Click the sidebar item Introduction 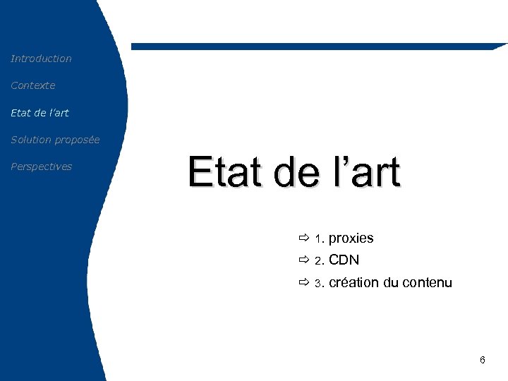click(41, 59)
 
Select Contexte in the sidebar click(32, 85)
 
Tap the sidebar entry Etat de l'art click(40, 112)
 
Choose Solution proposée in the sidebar click(55, 140)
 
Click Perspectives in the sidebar click(41, 167)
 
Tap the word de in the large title click(296, 173)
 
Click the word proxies click(351, 238)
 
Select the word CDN click(344, 260)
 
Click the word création click(354, 283)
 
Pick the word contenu click(427, 283)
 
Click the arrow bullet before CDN click(303, 260)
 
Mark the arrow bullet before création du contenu click(303, 283)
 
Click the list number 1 click(318, 239)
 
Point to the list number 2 click(318, 261)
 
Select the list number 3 click(318, 284)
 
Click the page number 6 click(482, 361)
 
